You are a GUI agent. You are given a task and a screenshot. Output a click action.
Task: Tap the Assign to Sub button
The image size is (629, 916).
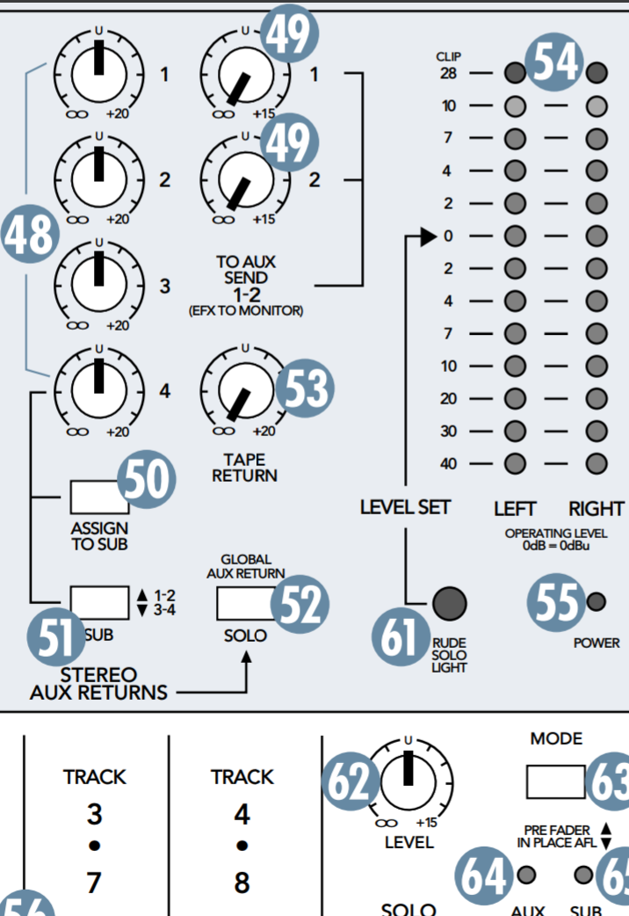[95, 498]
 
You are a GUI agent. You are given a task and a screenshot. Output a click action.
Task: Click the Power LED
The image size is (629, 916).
[596, 602]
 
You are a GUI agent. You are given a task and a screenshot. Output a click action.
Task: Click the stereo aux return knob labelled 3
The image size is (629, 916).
[97, 282]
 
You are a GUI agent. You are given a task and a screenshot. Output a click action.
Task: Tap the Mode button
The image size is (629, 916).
[556, 781]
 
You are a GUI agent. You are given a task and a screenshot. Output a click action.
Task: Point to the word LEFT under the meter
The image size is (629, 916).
[516, 509]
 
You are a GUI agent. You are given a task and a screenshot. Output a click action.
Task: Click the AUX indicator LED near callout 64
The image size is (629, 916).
[526, 875]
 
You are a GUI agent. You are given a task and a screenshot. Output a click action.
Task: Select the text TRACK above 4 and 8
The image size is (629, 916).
[242, 777]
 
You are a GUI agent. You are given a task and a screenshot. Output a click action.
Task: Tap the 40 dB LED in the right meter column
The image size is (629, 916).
[597, 464]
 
